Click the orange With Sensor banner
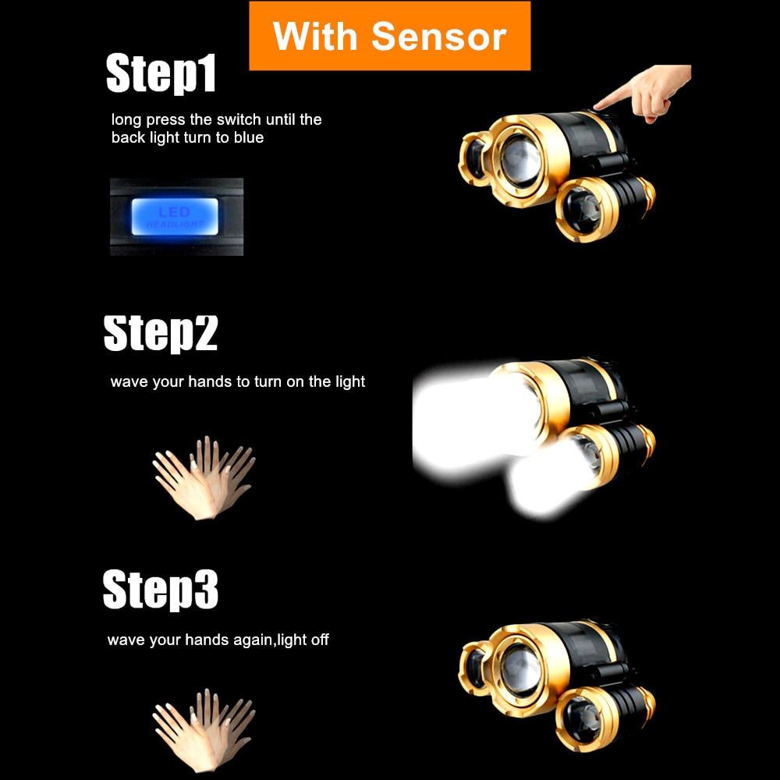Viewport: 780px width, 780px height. tap(389, 36)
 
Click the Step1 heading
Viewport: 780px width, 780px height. tap(161, 73)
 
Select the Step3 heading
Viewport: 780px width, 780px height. tap(160, 590)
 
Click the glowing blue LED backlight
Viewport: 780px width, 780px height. tap(175, 216)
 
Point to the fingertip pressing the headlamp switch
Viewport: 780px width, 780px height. tap(597, 105)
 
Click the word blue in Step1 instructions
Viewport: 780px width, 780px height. tap(248, 137)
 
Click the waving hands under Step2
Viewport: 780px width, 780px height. tap(204, 478)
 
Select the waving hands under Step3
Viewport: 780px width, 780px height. tap(204, 730)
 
